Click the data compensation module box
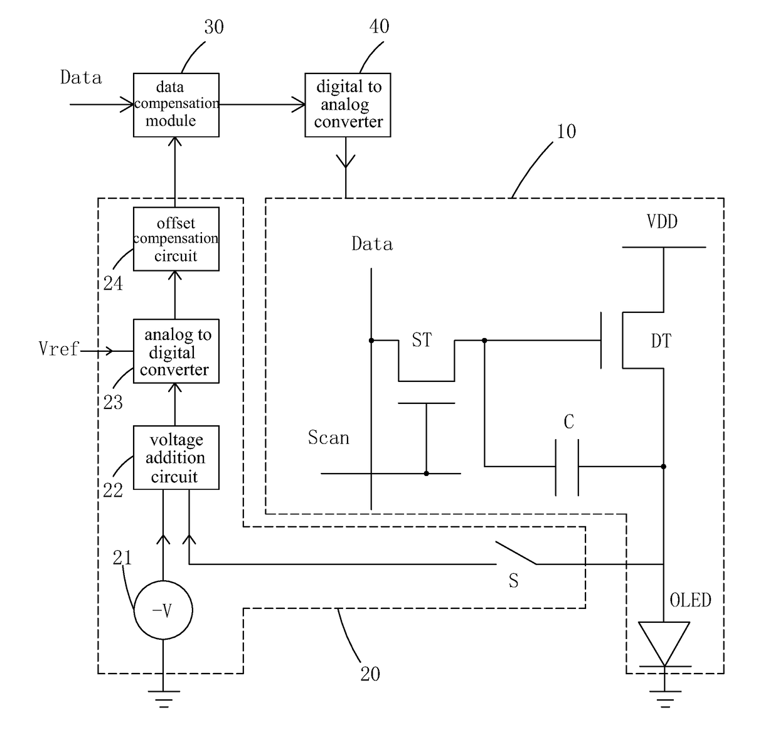click(176, 105)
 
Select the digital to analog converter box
click(348, 105)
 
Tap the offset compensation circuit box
click(176, 238)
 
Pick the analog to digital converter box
click(176, 351)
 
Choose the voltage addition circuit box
click(176, 457)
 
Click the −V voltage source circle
click(163, 610)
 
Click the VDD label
click(662, 221)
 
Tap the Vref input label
click(59, 349)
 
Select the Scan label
click(328, 437)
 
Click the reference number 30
click(214, 27)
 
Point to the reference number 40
click(379, 26)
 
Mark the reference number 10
click(566, 131)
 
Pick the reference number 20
click(370, 674)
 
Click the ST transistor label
click(422, 340)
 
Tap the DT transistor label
click(661, 341)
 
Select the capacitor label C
click(568, 421)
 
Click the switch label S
click(514, 580)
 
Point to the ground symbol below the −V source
click(164, 699)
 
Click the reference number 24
click(113, 283)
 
